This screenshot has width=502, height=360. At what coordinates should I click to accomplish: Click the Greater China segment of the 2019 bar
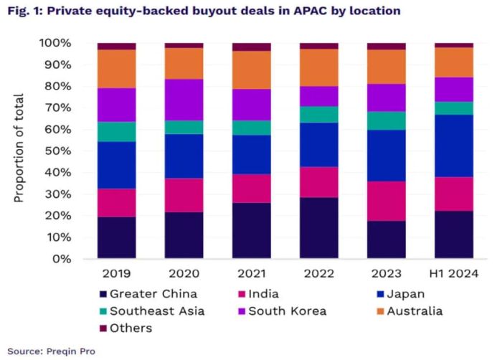coord(117,237)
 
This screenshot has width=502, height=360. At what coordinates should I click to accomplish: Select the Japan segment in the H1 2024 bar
coord(454,146)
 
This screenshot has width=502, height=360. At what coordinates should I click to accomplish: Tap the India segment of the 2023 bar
coord(387,201)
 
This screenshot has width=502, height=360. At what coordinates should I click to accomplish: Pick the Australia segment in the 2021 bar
coord(252,70)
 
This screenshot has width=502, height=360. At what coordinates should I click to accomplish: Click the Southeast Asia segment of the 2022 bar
coord(319,115)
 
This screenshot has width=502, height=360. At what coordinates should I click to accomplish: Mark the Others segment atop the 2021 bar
coord(252,47)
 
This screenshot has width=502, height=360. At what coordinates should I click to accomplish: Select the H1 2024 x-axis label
coord(454,273)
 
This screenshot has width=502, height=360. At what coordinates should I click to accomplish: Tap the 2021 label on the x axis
coord(252,273)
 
